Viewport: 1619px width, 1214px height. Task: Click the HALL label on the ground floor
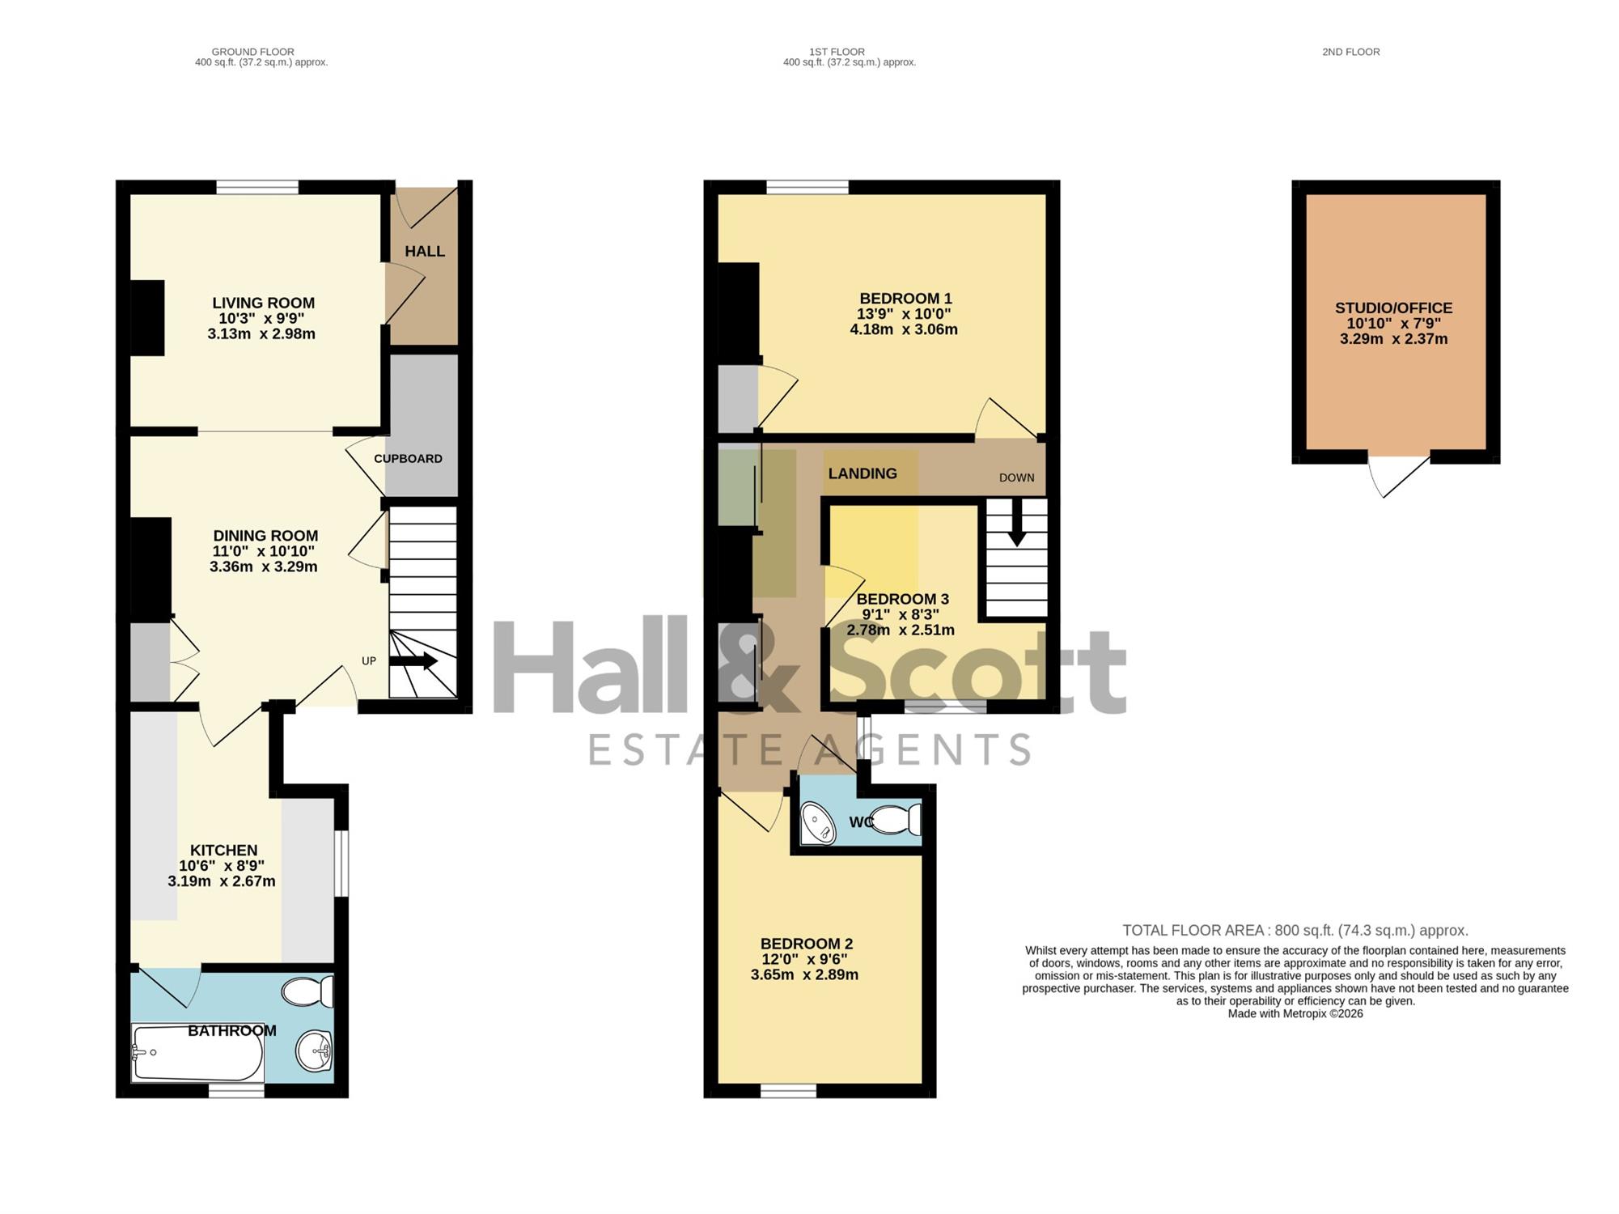tap(425, 251)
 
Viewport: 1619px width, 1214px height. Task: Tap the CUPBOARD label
tap(408, 459)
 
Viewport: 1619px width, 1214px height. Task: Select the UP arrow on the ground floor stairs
tap(413, 662)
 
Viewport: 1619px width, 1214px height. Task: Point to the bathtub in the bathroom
tap(197, 1053)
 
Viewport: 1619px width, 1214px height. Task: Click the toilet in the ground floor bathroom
tap(308, 991)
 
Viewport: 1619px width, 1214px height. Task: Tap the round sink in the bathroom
tap(314, 1051)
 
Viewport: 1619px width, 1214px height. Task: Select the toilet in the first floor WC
tap(897, 820)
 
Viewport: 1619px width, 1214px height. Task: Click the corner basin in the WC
tap(818, 824)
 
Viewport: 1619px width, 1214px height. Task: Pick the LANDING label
tap(862, 473)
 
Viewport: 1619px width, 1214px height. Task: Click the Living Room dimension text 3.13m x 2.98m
tap(261, 333)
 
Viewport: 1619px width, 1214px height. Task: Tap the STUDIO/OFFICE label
tap(1393, 308)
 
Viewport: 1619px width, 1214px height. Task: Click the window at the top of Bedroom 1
tap(807, 188)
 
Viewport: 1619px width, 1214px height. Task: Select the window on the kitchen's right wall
tap(341, 864)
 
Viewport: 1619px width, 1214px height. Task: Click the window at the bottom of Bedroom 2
tap(789, 1091)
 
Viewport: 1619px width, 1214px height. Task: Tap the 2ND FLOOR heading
tap(1351, 52)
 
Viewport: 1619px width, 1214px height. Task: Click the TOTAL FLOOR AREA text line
tap(1295, 931)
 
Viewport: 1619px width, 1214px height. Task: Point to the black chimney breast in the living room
tap(147, 317)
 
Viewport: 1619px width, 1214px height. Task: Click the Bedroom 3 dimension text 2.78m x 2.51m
tap(901, 630)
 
